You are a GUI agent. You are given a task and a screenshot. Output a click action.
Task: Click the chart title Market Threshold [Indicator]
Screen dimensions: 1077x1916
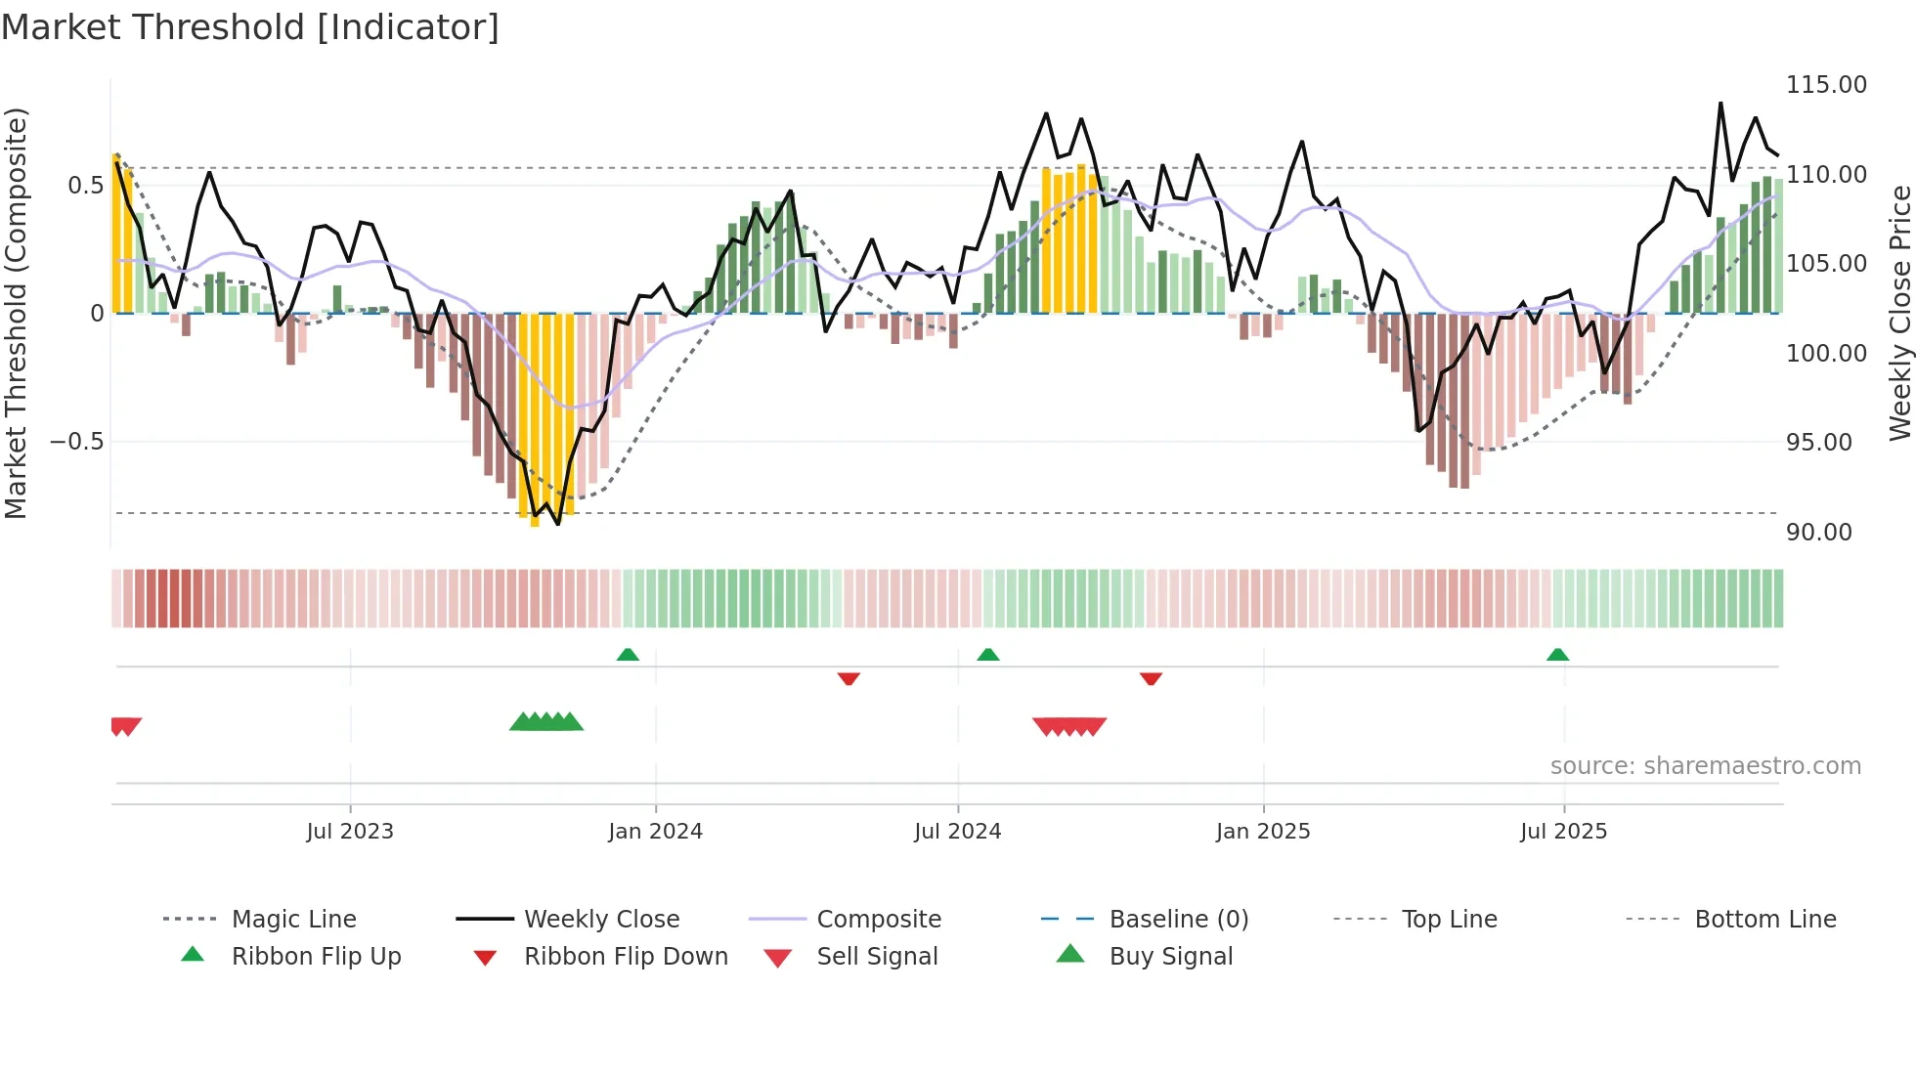pyautogui.click(x=250, y=27)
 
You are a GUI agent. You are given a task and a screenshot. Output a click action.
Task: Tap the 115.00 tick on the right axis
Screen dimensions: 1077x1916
pyautogui.click(x=1826, y=85)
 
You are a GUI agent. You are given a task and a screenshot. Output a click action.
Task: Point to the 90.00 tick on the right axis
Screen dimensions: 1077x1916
pyautogui.click(x=1818, y=533)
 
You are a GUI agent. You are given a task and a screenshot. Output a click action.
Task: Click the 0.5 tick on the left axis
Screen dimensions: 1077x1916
pyautogui.click(x=85, y=186)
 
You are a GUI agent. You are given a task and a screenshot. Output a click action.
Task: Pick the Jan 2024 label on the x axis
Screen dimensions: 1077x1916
pyautogui.click(x=655, y=832)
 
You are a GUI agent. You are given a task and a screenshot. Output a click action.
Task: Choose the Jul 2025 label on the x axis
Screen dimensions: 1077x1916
pyautogui.click(x=1563, y=832)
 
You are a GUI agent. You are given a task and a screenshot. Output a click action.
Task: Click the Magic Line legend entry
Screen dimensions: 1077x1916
pyautogui.click(x=293, y=920)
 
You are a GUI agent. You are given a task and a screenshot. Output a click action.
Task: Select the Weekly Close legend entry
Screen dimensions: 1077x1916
pyautogui.click(x=601, y=920)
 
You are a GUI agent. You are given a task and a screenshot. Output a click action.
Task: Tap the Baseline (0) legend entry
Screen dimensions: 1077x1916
pyautogui.click(x=1178, y=920)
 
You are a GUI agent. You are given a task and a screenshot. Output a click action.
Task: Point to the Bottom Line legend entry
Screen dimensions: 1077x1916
pyautogui.click(x=1764, y=920)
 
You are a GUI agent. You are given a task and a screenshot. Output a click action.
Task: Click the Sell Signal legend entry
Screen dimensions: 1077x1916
pyautogui.click(x=877, y=957)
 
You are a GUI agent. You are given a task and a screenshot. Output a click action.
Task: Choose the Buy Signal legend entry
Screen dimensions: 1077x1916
pyautogui.click(x=1170, y=957)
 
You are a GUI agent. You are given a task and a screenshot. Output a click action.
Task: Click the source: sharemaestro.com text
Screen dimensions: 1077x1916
pyautogui.click(x=1705, y=766)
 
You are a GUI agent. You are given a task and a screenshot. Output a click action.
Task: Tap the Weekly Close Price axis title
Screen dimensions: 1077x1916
pyautogui.click(x=1899, y=313)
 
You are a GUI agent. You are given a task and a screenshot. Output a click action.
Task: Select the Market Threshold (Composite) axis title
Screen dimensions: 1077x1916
pyautogui.click(x=16, y=313)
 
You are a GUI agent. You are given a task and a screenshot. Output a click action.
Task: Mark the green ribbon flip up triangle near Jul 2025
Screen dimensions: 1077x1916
pyautogui.click(x=1557, y=655)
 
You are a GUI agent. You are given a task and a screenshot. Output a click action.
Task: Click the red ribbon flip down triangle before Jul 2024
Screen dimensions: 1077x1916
pyautogui.click(x=849, y=678)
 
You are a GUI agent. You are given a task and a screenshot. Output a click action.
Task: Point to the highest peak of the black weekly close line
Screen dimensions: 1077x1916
pyautogui.click(x=1720, y=103)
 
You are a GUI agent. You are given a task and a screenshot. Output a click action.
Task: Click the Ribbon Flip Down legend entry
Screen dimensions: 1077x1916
pyautogui.click(x=626, y=957)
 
